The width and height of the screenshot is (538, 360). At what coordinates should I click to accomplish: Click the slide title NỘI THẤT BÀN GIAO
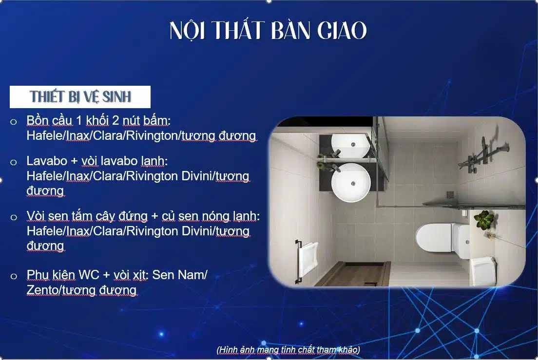[268, 31]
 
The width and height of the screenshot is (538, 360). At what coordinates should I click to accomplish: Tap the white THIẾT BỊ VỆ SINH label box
[80, 96]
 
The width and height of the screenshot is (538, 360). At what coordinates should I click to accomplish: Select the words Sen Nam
[180, 275]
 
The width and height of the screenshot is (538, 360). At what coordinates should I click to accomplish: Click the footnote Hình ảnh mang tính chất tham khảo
[288, 350]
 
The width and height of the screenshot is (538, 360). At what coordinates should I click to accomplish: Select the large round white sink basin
[350, 182]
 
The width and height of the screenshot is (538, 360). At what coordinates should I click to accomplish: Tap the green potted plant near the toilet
[484, 219]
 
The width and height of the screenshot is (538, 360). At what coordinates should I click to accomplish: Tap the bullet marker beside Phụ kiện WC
[14, 276]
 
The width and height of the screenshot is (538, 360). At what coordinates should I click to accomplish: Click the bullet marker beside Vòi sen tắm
[14, 217]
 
